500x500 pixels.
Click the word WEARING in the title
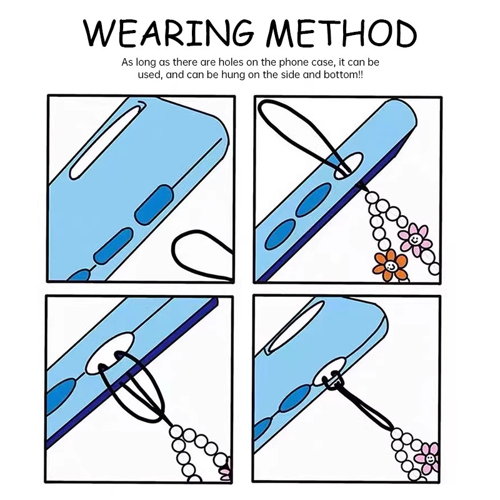pyautogui.click(x=169, y=33)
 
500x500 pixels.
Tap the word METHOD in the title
pyautogui.click(x=341, y=33)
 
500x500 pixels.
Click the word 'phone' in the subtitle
pyautogui.click(x=292, y=62)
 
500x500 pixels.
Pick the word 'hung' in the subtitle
pyautogui.click(x=232, y=76)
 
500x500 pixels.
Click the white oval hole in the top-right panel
pyautogui.click(x=349, y=165)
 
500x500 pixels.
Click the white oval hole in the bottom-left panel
pyautogui.click(x=110, y=354)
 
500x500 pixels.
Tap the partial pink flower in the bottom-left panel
pyautogui.click(x=226, y=468)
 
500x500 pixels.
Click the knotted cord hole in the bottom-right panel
pyautogui.click(x=330, y=371)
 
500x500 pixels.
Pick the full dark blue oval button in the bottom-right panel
pyautogui.click(x=295, y=399)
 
